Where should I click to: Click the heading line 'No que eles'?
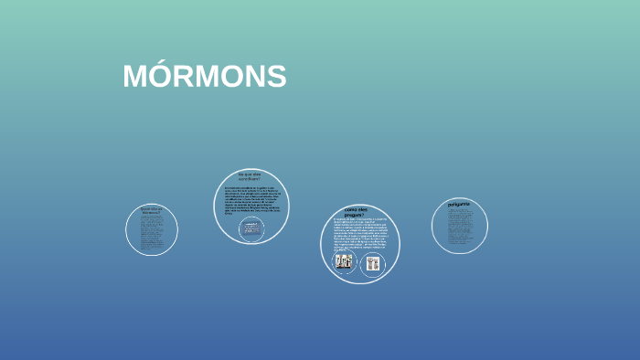tap(250, 173)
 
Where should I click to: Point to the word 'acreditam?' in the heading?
tap(250, 178)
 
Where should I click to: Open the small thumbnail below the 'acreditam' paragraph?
tap(250, 228)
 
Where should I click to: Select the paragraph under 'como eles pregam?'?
tap(359, 234)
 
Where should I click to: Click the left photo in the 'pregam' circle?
tap(344, 262)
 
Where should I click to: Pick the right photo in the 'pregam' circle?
tap(372, 263)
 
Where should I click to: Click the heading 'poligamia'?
tap(459, 204)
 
